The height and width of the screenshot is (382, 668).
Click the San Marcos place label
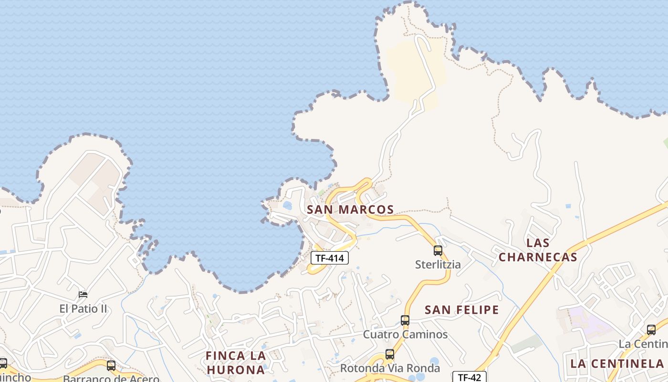pos(350,210)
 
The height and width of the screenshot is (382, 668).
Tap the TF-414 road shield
pos(330,258)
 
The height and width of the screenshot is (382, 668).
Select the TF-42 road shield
pos(469,377)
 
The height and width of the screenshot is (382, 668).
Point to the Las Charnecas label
pos(538,250)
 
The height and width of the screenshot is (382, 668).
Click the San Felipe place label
pos(461,310)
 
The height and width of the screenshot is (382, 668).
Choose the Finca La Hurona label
pos(235,362)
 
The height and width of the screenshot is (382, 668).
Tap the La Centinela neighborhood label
pos(617,363)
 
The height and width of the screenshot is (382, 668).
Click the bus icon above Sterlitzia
pos(438,250)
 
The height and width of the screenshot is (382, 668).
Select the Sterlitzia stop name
pos(438,265)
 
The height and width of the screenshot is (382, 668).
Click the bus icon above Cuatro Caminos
pos(405,320)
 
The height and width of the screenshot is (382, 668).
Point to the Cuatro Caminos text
pos(405,334)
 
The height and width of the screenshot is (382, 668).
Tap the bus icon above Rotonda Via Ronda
pos(390,354)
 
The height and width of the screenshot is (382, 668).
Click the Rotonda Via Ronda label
pos(390,369)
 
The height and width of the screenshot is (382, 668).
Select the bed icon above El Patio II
pos(83,295)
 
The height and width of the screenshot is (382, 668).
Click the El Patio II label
pos(83,309)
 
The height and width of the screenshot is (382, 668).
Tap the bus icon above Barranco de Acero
pos(111,366)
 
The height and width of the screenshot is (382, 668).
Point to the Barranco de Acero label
pos(111,379)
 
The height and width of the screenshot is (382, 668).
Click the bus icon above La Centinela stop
pos(651,329)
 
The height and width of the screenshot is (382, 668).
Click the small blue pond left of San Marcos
pos(287,206)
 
